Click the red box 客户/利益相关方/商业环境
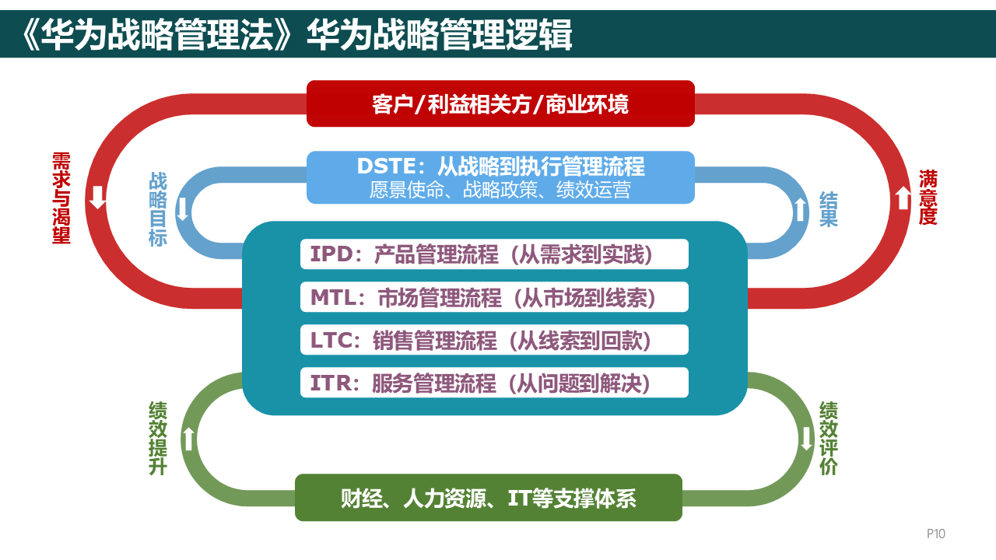coord(500,103)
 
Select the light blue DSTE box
coord(500,177)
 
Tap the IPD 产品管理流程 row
coord(494,254)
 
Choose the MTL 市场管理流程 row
coord(494,297)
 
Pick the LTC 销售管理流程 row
coord(494,340)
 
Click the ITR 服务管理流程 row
coord(494,383)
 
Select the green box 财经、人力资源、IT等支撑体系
coord(489,498)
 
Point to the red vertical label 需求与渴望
coord(61,198)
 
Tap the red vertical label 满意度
coord(928,198)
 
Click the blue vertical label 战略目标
coord(158,209)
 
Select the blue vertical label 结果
coord(829,209)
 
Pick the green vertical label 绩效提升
coord(158,439)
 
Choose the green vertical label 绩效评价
coord(829,439)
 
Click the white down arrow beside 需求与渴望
coord(98,198)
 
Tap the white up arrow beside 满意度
coord(903,198)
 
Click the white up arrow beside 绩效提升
coord(188,439)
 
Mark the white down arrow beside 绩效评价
coord(806,439)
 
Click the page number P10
coord(935,534)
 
